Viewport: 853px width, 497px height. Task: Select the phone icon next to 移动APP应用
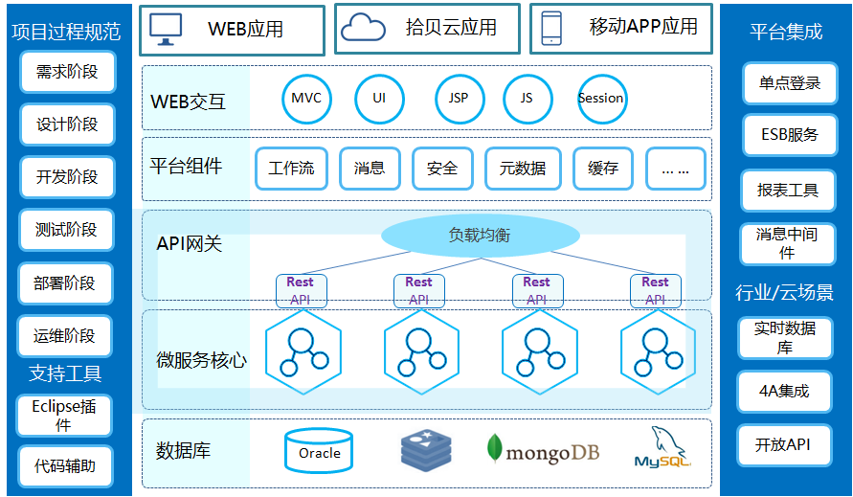pyautogui.click(x=551, y=28)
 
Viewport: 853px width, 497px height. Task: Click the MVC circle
pyautogui.click(x=306, y=98)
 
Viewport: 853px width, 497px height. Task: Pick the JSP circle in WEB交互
pyautogui.click(x=459, y=98)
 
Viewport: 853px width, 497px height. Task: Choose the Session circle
pyautogui.click(x=601, y=98)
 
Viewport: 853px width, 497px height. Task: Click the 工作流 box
pyautogui.click(x=291, y=168)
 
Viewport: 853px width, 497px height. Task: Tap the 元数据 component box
pyautogui.click(x=522, y=168)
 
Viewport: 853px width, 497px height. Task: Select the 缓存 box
pyautogui.click(x=602, y=168)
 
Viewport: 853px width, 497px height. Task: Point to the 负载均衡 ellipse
pyautogui.click(x=481, y=235)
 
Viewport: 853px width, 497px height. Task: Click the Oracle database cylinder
pyautogui.click(x=319, y=452)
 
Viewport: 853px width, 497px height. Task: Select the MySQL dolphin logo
pyautogui.click(x=662, y=449)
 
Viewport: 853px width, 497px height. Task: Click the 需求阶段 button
pyautogui.click(x=66, y=72)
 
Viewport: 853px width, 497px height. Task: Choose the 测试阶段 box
pyautogui.click(x=66, y=230)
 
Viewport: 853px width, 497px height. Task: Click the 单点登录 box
pyautogui.click(x=790, y=83)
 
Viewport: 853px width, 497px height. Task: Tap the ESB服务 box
pyautogui.click(x=790, y=135)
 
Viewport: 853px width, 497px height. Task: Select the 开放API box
pyautogui.click(x=782, y=444)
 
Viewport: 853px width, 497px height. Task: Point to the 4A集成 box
pyautogui.click(x=782, y=391)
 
